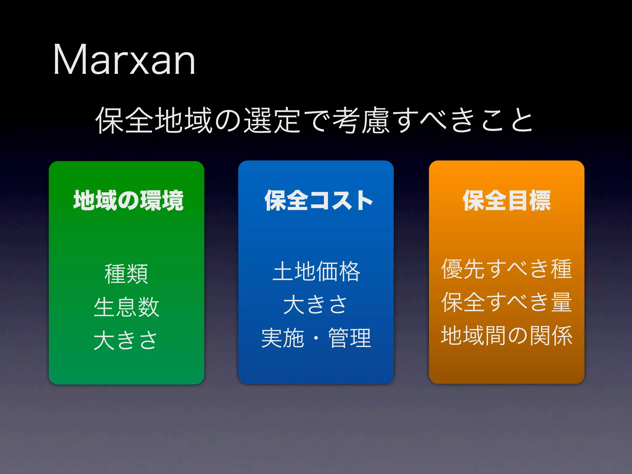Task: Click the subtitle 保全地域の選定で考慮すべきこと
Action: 314,120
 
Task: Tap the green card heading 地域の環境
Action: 128,201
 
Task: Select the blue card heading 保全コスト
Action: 318,201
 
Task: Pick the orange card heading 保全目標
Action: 506,201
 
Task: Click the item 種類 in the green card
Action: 126,274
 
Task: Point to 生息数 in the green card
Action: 126,307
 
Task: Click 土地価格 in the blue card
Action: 316,271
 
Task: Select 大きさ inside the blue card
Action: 315,305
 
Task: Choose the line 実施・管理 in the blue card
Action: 316,338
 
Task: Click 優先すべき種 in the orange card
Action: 506,269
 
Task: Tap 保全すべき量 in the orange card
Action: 506,302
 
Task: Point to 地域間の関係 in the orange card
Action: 506,335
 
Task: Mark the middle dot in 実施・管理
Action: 316,338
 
